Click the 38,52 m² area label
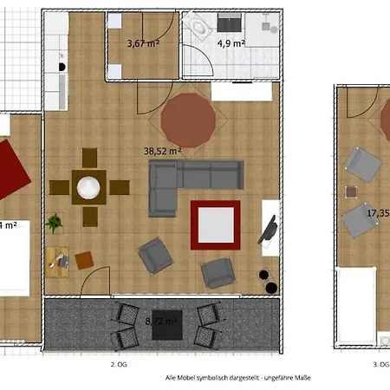(x=162, y=150)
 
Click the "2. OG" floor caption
(x=118, y=365)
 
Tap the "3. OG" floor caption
(x=380, y=365)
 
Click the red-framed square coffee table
(x=216, y=224)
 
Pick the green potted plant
(x=55, y=223)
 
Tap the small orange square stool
(x=84, y=259)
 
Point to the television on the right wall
(x=270, y=230)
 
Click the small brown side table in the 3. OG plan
(x=350, y=192)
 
